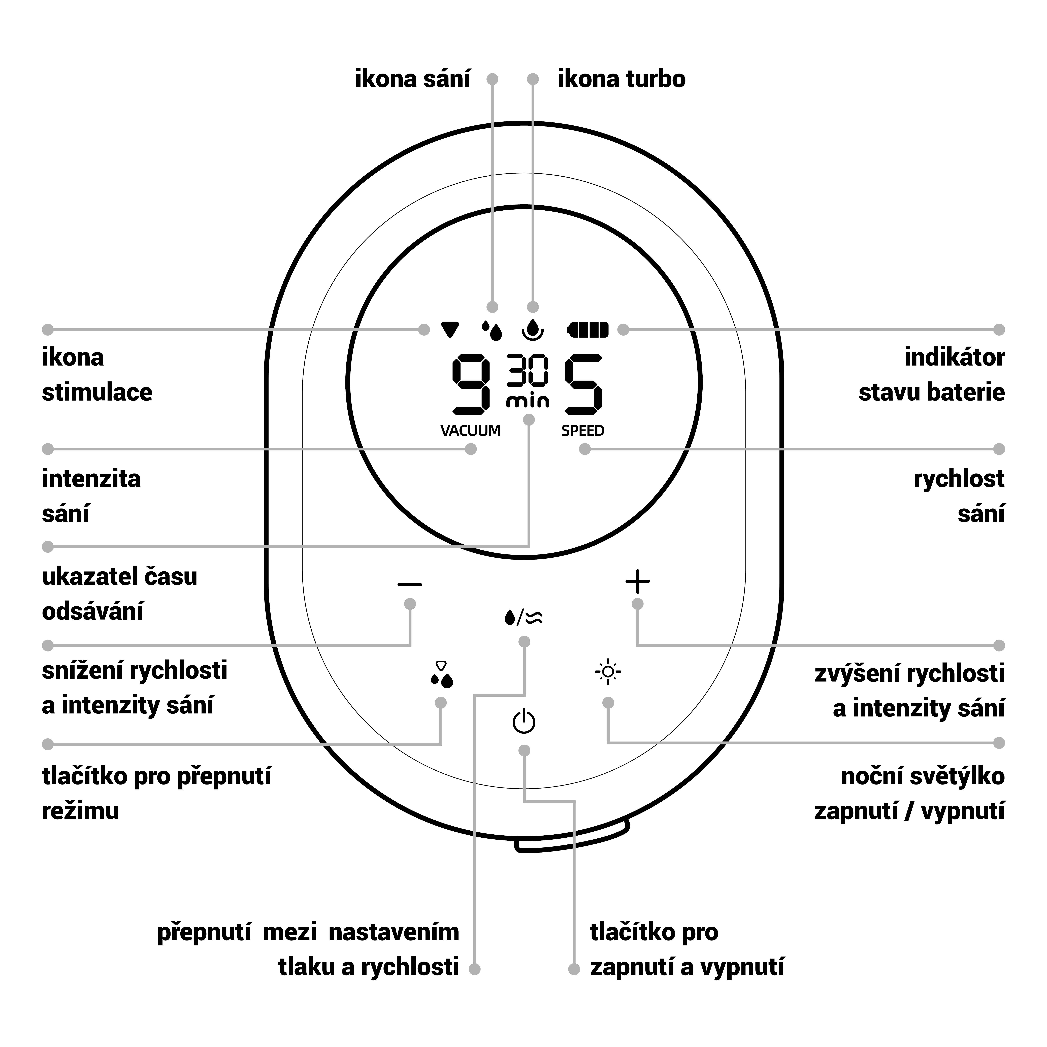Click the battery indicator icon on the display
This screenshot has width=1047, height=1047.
coord(588,330)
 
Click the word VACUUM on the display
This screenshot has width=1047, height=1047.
coord(470,431)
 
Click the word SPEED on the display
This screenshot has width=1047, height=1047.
coord(583,431)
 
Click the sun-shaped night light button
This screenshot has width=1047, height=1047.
coord(608,672)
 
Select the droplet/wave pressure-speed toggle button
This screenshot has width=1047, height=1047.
coord(523,617)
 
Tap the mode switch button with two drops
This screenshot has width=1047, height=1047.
coord(442,675)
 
